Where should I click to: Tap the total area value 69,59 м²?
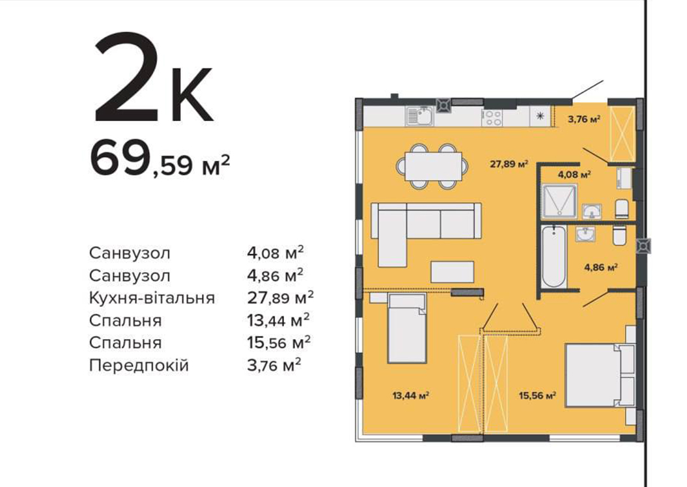(160, 159)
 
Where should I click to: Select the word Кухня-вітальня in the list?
(152, 298)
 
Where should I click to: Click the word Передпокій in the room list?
(139, 365)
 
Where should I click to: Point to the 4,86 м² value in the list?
(275, 275)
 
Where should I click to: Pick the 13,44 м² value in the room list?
(278, 320)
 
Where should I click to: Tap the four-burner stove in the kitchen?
(492, 117)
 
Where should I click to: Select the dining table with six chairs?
(433, 166)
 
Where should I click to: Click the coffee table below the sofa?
(452, 271)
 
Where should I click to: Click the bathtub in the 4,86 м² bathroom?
(552, 257)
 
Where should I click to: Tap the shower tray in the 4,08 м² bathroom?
(559, 201)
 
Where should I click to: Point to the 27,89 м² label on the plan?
(509, 165)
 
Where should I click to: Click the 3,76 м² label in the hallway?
(583, 118)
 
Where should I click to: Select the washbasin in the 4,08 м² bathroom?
(591, 212)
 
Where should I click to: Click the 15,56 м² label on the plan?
(538, 396)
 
